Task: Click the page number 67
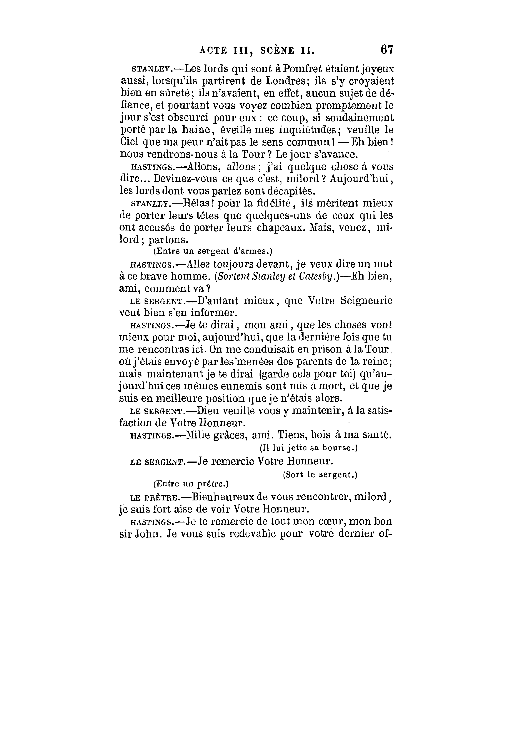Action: click(x=387, y=50)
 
